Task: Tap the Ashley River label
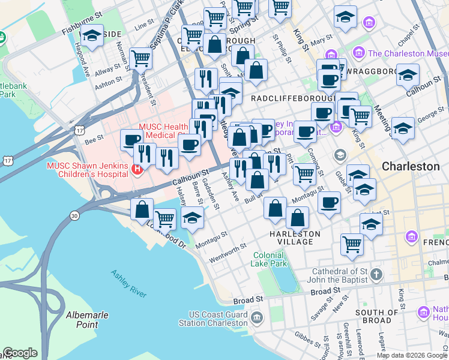[128, 283]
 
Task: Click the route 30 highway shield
[74, 215]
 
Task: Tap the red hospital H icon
[137, 170]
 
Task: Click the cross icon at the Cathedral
[376, 274]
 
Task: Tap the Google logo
[20, 353]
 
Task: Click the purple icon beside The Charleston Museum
[360, 53]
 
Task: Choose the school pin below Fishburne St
[92, 36]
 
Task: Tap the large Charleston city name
[411, 166]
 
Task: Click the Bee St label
[94, 141]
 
